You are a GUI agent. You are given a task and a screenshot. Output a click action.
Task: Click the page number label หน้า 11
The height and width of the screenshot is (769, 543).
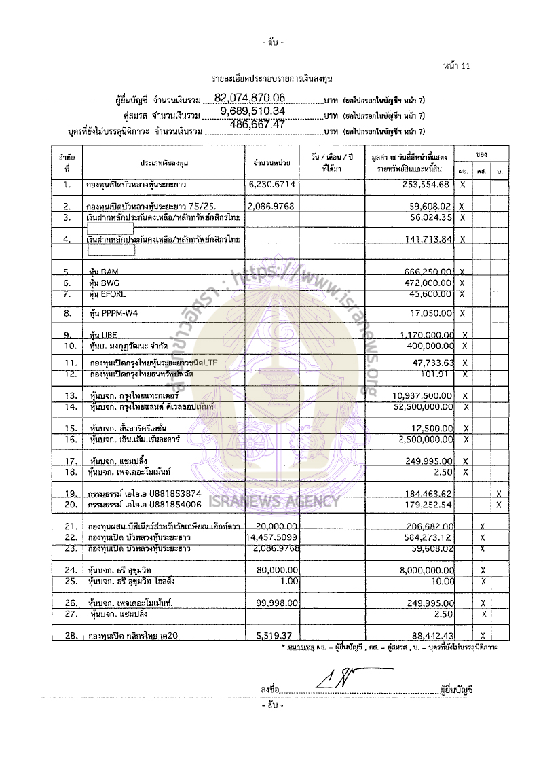tap(455, 66)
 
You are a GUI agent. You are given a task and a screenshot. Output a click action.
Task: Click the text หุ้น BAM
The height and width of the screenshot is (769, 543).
tap(104, 272)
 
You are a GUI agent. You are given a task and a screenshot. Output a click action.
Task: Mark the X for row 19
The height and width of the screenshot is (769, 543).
tap(499, 493)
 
